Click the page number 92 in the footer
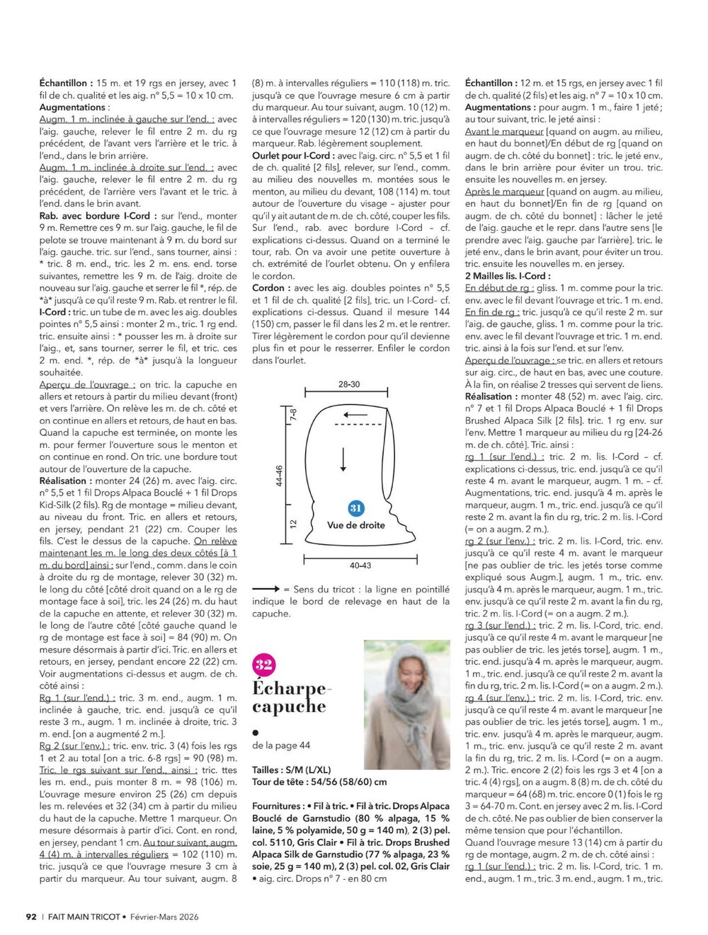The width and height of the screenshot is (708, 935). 30,917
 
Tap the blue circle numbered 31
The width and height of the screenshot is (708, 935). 355,508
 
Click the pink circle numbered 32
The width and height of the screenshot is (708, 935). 263,664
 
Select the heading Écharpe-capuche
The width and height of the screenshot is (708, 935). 290,697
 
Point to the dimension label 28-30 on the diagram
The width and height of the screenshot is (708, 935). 349,384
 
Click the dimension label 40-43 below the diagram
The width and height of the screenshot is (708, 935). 360,566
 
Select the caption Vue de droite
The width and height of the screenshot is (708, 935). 355,525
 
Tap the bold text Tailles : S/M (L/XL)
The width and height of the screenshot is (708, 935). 291,770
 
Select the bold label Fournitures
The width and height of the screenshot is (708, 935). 276,806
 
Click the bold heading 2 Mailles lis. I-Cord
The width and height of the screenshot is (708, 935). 507,276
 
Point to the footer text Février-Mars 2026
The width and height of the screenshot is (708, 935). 164,917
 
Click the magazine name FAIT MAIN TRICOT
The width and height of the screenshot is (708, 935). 84,917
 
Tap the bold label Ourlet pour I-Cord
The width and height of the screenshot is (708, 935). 291,156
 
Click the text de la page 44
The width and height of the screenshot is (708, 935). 281,745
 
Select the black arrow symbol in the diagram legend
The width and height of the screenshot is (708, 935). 265,589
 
